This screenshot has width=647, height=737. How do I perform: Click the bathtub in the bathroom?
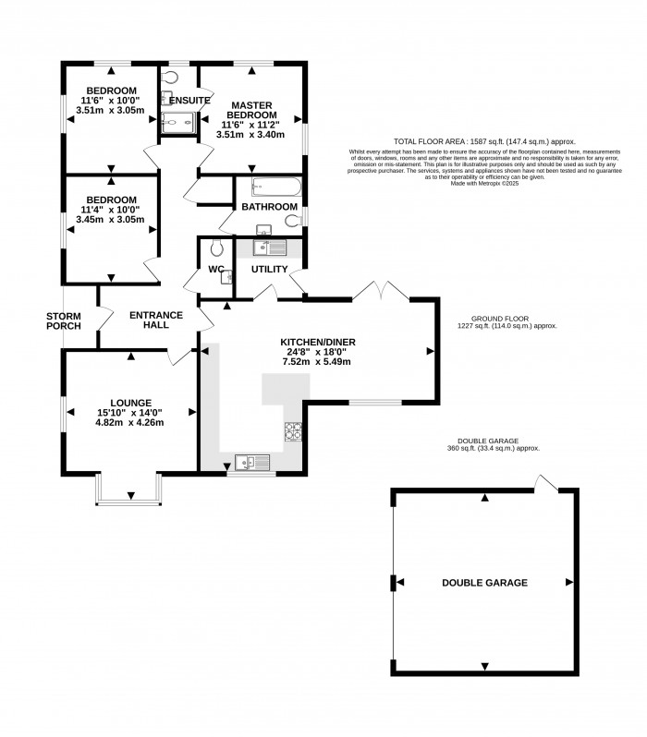tap(275, 187)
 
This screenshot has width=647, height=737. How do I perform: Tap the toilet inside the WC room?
tap(218, 248)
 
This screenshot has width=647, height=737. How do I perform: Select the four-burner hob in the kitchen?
tap(294, 431)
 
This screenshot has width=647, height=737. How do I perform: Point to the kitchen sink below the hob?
tap(251, 462)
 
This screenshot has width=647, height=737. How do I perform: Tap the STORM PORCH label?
tap(64, 320)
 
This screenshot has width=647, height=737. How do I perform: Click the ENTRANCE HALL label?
tap(155, 320)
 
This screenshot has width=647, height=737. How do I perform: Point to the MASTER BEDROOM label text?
tap(250, 111)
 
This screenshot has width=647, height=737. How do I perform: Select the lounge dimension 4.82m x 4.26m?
tap(130, 423)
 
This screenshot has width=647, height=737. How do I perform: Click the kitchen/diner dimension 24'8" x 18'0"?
tap(318, 351)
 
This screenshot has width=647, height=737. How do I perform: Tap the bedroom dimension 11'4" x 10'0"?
tap(111, 210)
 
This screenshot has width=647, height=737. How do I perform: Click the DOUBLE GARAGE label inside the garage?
tap(484, 583)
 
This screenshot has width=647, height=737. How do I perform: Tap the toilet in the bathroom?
tap(291, 222)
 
